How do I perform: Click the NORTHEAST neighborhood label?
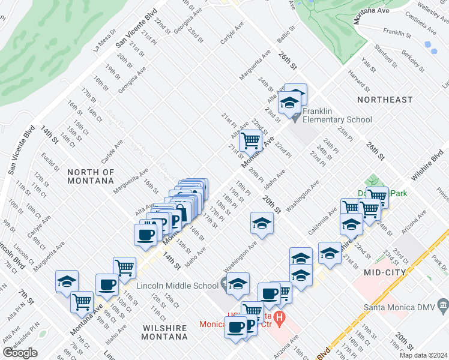[385, 99]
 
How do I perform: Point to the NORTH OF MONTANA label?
[91, 176]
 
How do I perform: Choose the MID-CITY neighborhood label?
[385, 272]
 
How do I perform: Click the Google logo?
[20, 353]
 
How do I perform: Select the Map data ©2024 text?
[423, 355]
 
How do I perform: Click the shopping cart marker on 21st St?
[250, 141]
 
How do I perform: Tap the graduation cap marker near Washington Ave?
[262, 223]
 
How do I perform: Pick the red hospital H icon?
[280, 316]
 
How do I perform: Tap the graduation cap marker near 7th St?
[67, 281]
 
